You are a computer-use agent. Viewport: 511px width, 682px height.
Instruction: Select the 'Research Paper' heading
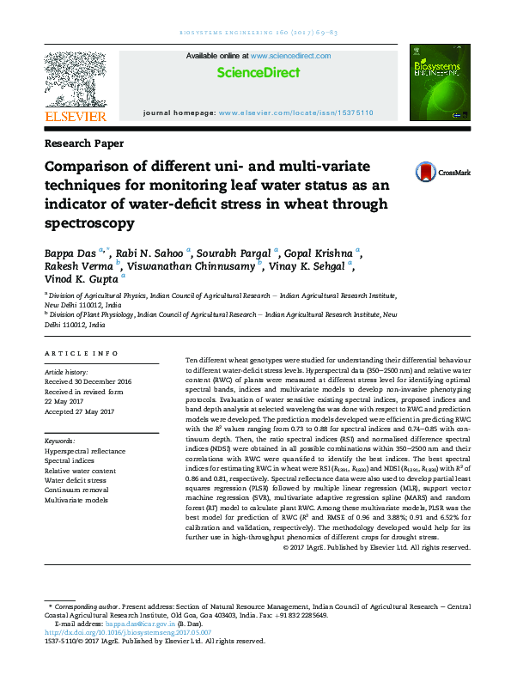point(83,143)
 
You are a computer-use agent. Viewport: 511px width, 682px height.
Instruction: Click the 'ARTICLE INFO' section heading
point(81,353)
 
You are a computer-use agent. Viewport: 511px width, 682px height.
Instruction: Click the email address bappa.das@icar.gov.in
point(142,623)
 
